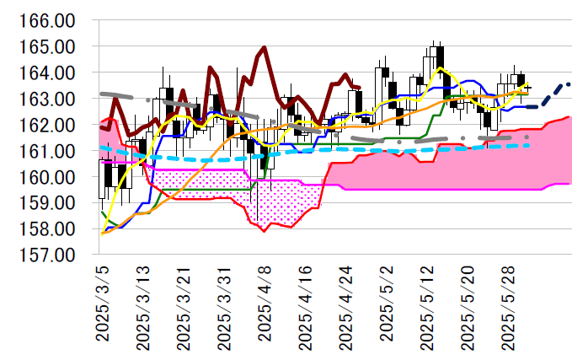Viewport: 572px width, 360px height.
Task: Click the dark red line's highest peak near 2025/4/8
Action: pyautogui.click(x=265, y=48)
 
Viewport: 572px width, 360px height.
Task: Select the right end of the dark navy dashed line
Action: pyautogui.click(x=569, y=83)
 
